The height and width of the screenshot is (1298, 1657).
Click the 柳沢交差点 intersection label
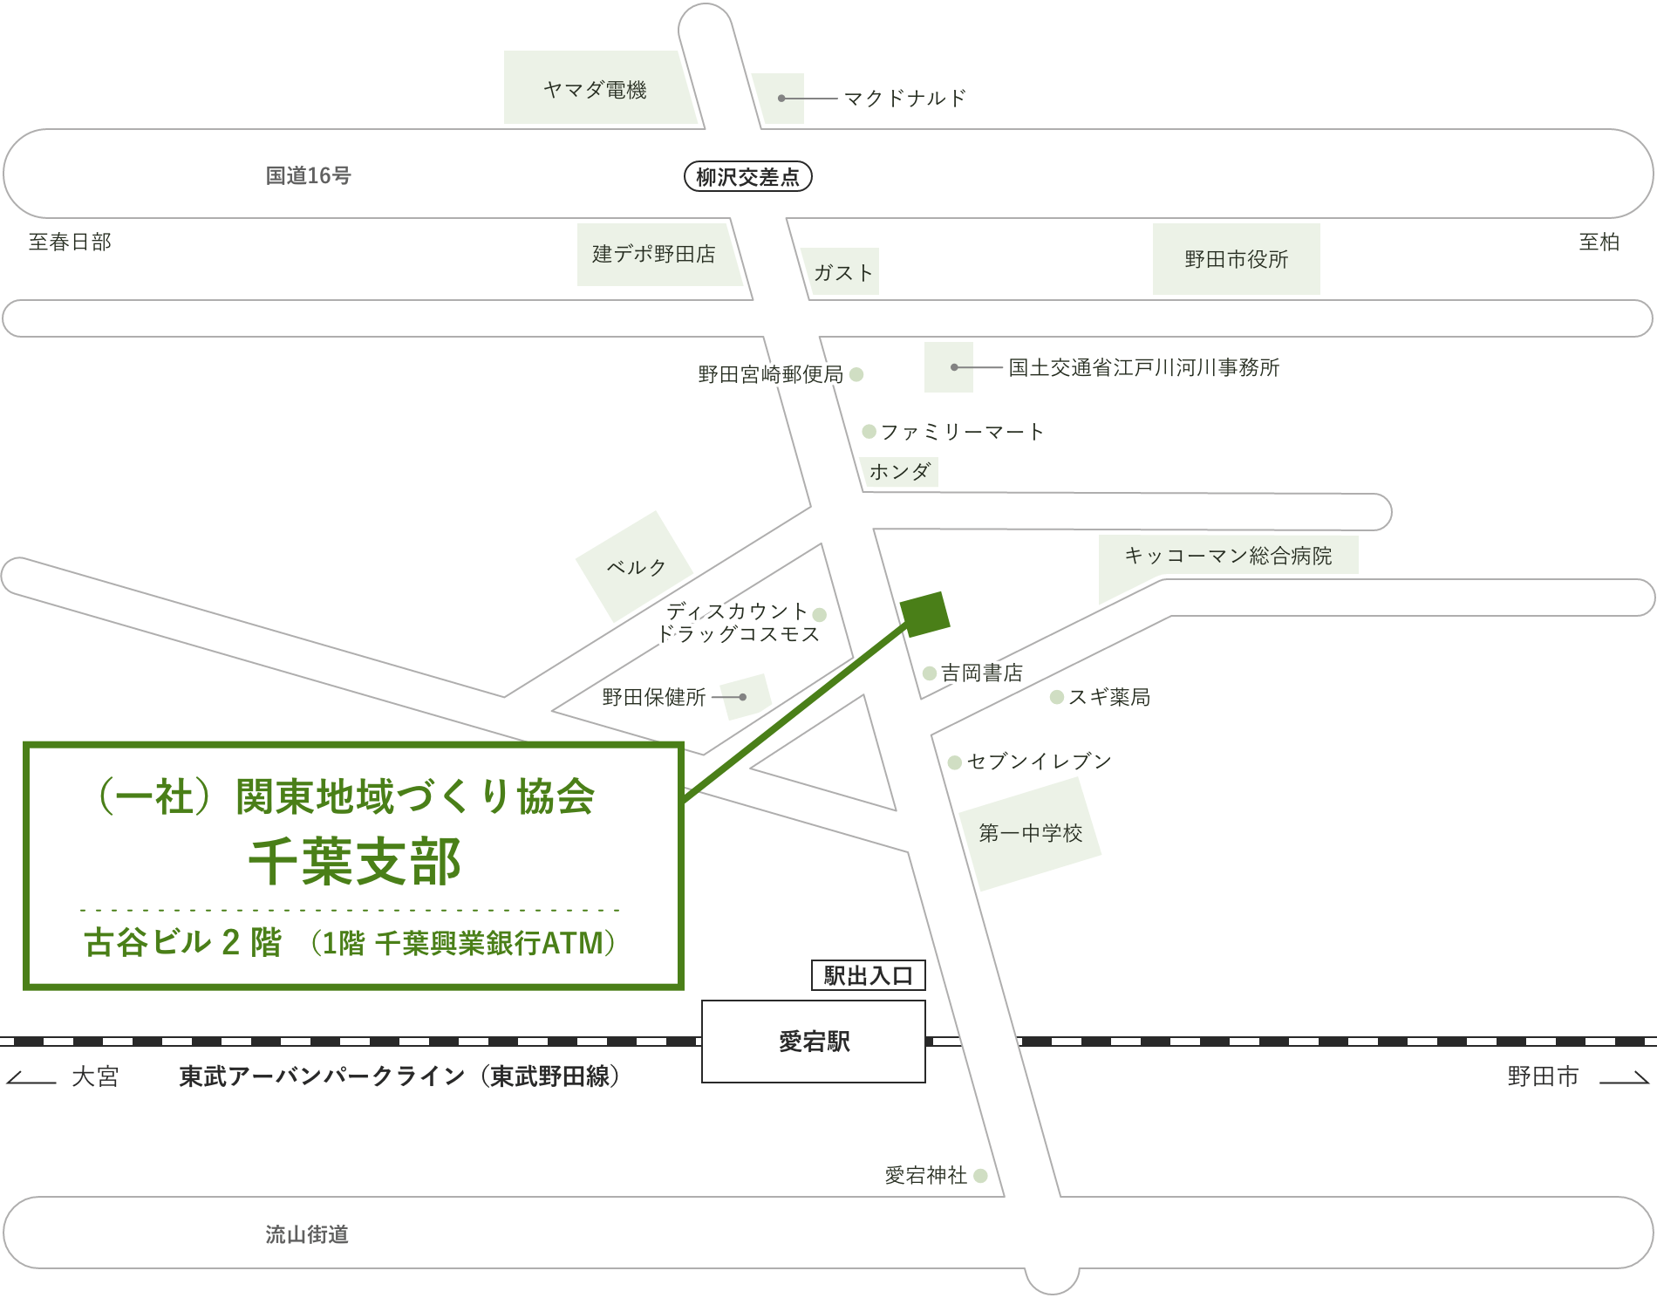(x=747, y=177)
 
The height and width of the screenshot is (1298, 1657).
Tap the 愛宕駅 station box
(x=814, y=1042)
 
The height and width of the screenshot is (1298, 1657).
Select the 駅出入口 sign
(x=868, y=975)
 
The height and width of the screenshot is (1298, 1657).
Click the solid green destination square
(x=924, y=613)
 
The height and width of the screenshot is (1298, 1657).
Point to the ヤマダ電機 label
(x=595, y=90)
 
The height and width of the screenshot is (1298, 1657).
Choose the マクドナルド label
(x=905, y=99)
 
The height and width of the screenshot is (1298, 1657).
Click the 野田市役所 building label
(x=1236, y=259)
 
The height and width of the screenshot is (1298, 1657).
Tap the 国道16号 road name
(x=308, y=176)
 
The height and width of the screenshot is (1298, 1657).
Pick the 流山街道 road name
(x=307, y=1234)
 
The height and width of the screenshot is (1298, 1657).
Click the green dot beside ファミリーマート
(x=869, y=431)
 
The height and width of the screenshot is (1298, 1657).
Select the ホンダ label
(x=900, y=472)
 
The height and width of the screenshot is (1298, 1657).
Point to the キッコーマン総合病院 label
(x=1228, y=556)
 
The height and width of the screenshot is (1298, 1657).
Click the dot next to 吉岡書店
(x=930, y=673)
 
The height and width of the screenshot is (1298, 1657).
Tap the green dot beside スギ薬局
(x=1056, y=697)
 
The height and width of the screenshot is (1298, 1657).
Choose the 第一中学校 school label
(x=1030, y=833)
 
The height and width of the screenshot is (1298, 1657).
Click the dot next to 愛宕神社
(x=980, y=1176)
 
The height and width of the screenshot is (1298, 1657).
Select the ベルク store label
(x=636, y=567)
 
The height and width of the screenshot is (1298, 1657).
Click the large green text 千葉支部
(x=355, y=862)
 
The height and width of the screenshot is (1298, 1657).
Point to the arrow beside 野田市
(x=1624, y=1079)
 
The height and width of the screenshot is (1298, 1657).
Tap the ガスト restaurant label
(x=842, y=273)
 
